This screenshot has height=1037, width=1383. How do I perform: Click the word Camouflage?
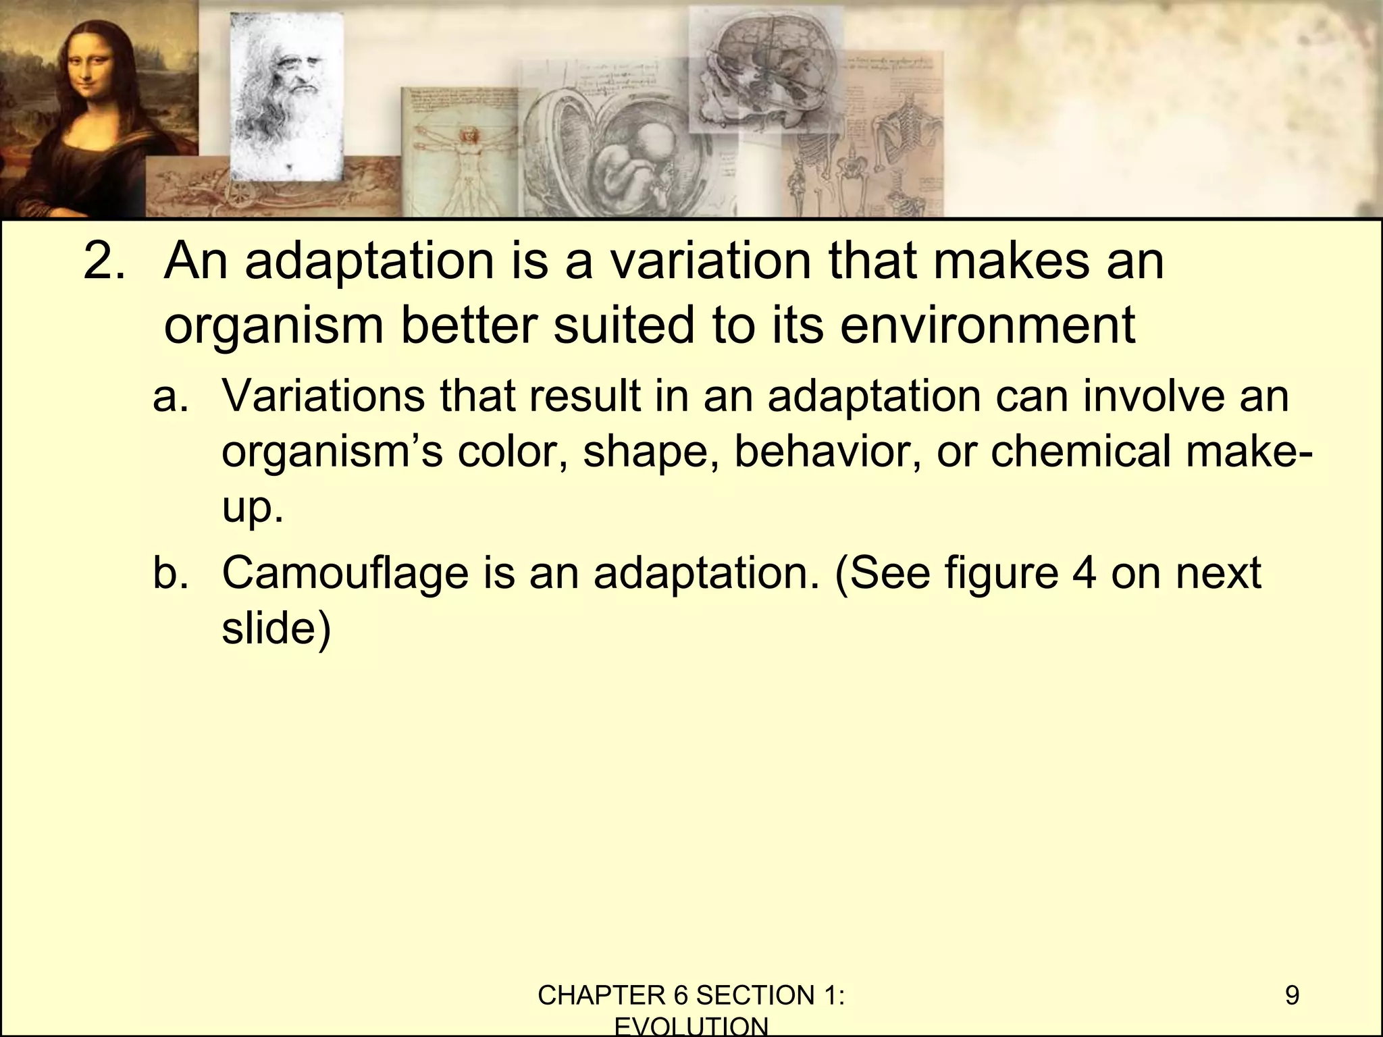pyautogui.click(x=344, y=573)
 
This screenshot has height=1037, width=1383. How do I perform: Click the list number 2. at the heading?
pyautogui.click(x=105, y=261)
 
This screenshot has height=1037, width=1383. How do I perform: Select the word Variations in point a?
pyautogui.click(x=323, y=396)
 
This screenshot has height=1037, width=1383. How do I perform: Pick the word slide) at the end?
pyautogui.click(x=277, y=629)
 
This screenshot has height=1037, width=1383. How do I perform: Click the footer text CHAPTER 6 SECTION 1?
pyautogui.click(x=691, y=996)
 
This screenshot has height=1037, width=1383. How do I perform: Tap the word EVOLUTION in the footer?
pyautogui.click(x=691, y=1027)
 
